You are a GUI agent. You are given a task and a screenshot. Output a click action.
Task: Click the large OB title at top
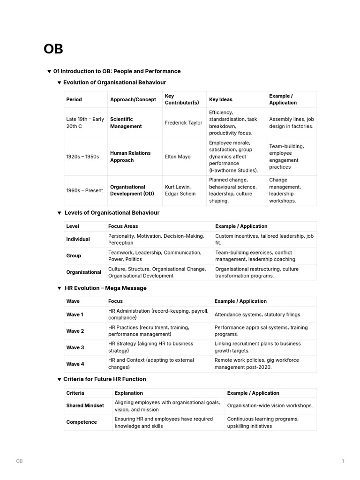coord(53,49)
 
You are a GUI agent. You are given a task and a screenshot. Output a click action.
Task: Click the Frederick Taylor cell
coord(183,123)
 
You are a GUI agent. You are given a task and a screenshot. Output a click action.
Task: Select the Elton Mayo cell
coord(178,157)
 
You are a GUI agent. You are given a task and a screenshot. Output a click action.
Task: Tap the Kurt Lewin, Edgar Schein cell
coord(181,190)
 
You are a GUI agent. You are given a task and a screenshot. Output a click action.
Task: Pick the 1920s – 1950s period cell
coord(82,157)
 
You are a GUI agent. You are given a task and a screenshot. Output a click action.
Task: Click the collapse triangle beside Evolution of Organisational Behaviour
coord(59,83)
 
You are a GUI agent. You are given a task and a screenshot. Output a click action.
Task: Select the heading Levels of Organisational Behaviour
coord(112,213)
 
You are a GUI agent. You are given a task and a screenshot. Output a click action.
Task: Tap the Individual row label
coord(78,239)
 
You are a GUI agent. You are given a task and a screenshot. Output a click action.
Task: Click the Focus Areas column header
coord(123,226)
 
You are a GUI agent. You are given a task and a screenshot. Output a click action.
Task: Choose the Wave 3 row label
coord(75,347)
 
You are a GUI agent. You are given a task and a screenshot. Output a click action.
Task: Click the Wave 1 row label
coord(75,315)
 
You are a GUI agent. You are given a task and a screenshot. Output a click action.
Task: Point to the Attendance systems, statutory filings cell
coord(258,315)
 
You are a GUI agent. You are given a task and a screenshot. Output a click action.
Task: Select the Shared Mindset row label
coord(85,405)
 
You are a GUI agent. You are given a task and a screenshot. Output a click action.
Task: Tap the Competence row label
coord(82,422)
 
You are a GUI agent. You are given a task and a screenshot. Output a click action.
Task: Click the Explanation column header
coord(128,393)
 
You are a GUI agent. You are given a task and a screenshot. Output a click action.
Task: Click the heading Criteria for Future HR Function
coord(105,379)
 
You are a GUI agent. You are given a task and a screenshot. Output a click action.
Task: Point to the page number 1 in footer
coord(343,461)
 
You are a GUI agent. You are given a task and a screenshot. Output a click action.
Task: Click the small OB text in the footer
coord(19,461)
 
